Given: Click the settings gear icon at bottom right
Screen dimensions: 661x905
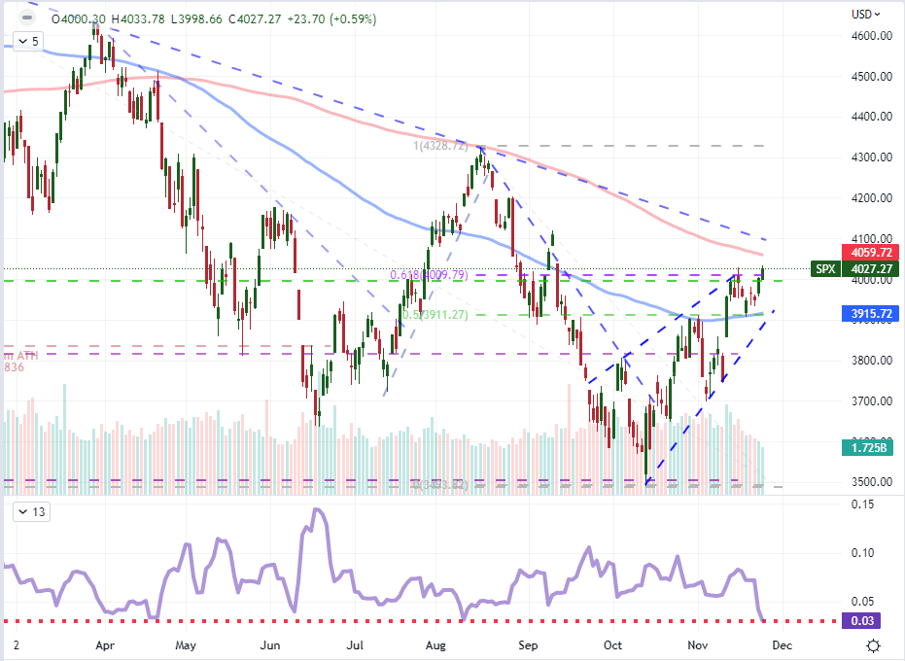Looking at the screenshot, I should coord(874,645).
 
